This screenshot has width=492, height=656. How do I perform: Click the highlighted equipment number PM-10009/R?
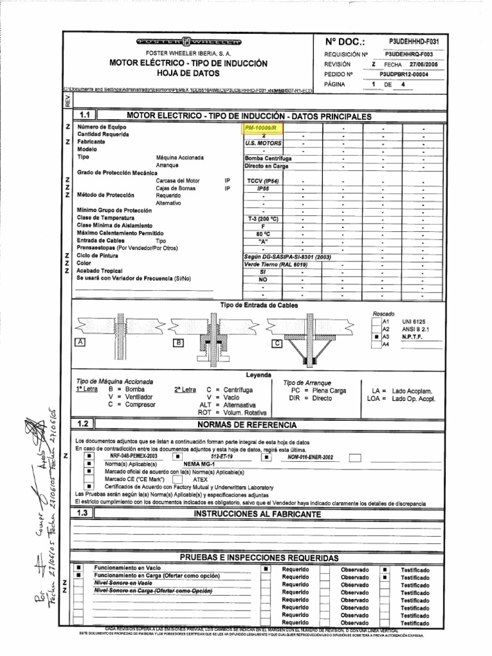coord(263,128)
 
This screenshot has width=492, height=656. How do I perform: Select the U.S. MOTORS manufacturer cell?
coord(263,143)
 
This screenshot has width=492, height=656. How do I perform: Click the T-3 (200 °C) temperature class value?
coord(263,218)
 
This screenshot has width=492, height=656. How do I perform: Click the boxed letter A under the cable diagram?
coord(81,343)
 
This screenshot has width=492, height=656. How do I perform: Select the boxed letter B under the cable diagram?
coord(179,343)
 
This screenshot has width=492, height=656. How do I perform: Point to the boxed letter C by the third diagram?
coord(277,343)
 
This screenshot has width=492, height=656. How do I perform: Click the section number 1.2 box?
coord(85,424)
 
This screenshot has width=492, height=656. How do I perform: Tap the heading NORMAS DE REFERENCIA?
coord(246,425)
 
